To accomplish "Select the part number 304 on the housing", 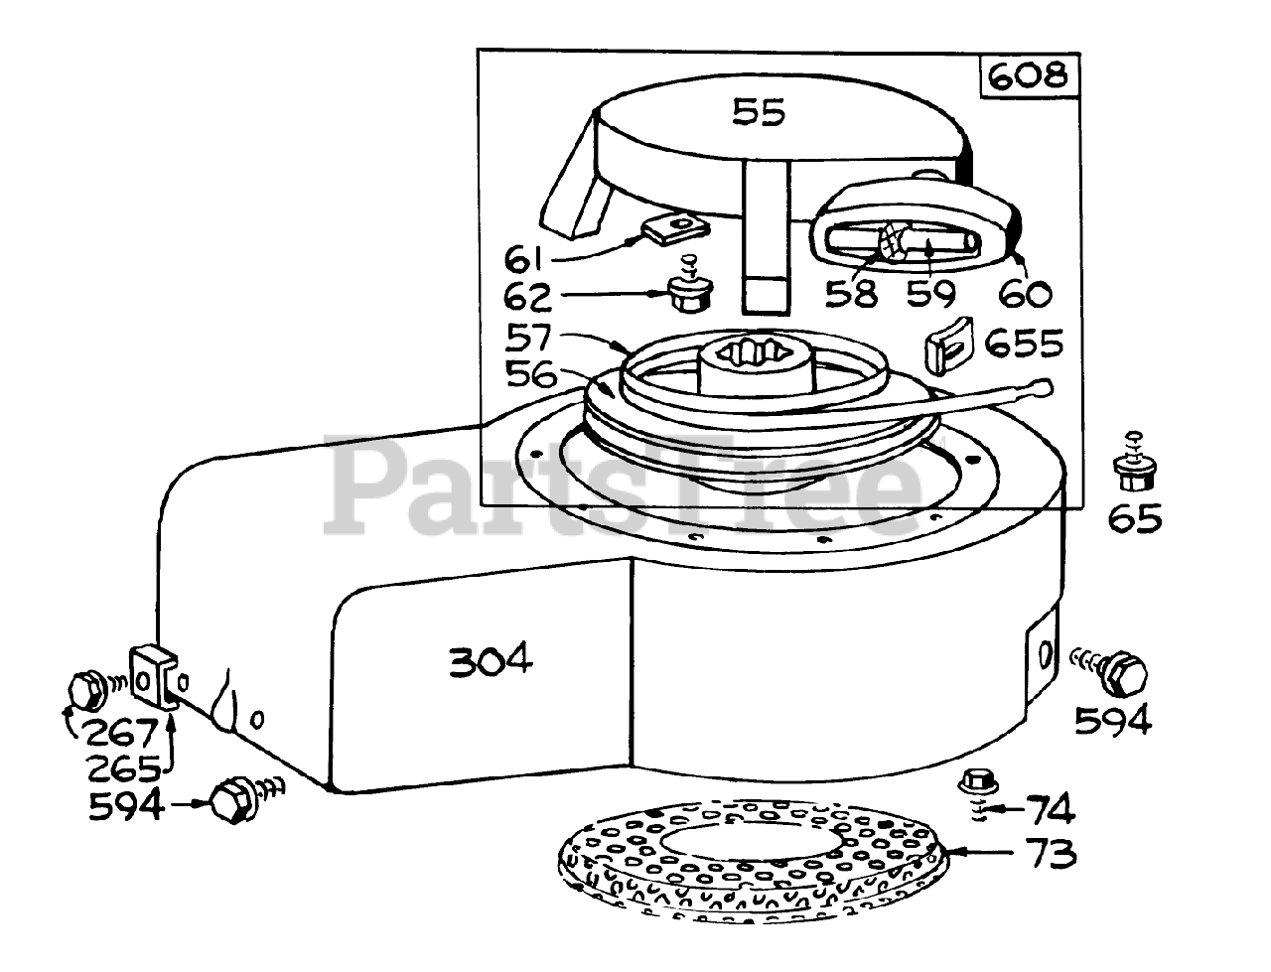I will [x=490, y=660].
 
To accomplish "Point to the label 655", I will [x=1024, y=344].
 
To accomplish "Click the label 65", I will [x=1135, y=518].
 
